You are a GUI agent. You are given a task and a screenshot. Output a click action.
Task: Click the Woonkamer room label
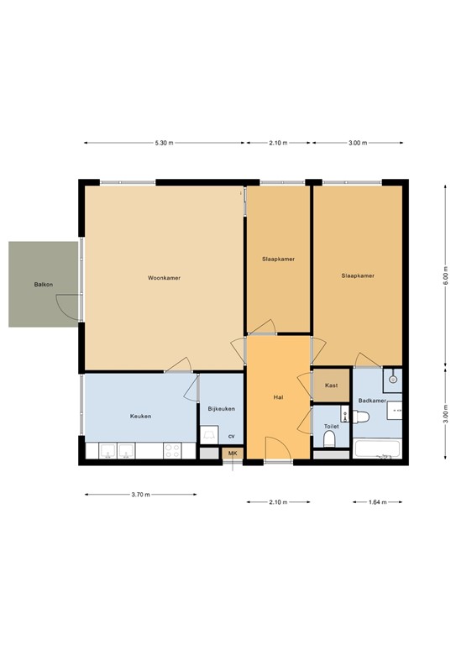point(164,278)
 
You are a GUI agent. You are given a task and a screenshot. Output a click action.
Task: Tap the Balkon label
point(44,285)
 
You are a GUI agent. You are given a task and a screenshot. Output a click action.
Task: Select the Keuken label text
point(140,416)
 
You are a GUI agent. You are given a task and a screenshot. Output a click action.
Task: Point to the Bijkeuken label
point(221,409)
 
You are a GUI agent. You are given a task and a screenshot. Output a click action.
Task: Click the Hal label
point(278,396)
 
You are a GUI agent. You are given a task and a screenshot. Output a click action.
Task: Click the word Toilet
point(331,427)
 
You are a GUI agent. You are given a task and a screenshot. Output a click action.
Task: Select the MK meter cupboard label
point(233,454)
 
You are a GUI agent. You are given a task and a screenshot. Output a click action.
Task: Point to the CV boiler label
point(231,436)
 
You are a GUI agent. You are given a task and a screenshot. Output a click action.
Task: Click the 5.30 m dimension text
point(164,143)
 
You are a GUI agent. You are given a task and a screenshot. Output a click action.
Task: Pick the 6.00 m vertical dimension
point(446,275)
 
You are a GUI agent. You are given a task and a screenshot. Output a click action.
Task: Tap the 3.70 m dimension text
point(140,495)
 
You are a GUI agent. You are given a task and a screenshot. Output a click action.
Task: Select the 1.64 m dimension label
point(378,502)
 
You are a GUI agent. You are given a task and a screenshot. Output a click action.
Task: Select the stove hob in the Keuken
point(172,452)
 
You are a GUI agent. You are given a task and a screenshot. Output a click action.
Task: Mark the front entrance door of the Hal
point(278,449)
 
